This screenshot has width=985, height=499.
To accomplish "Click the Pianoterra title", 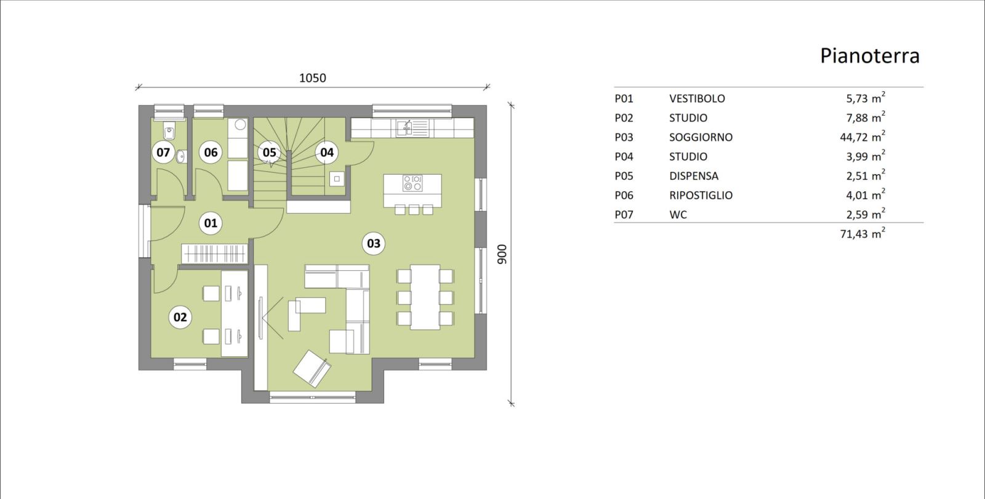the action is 869,56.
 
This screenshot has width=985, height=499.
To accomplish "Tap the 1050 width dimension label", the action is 312,78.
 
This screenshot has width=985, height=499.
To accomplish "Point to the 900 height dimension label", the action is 502,254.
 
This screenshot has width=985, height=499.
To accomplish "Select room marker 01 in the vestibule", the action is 211,223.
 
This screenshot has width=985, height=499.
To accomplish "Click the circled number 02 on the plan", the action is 180,317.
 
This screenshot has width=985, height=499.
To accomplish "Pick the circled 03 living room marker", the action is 373,244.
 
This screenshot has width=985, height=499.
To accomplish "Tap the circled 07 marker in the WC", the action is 163,153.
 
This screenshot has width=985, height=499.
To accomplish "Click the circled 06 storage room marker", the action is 211,153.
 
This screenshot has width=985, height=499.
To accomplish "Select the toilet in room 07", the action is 169,130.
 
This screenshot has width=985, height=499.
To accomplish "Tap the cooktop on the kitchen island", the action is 412,183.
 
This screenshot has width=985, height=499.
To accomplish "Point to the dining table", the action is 425,297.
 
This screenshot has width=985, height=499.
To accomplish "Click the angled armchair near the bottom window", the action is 312,369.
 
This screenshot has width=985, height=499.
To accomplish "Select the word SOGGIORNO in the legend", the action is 701,138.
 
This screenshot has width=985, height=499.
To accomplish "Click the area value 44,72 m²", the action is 862,137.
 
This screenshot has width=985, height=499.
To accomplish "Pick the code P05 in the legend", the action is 624,177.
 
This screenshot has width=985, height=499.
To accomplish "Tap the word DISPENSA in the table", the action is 694,177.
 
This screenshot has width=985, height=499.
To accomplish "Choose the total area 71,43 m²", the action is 862,233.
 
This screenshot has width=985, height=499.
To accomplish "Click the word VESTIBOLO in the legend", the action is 697,99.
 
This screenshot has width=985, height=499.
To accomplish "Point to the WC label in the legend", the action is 678,215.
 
